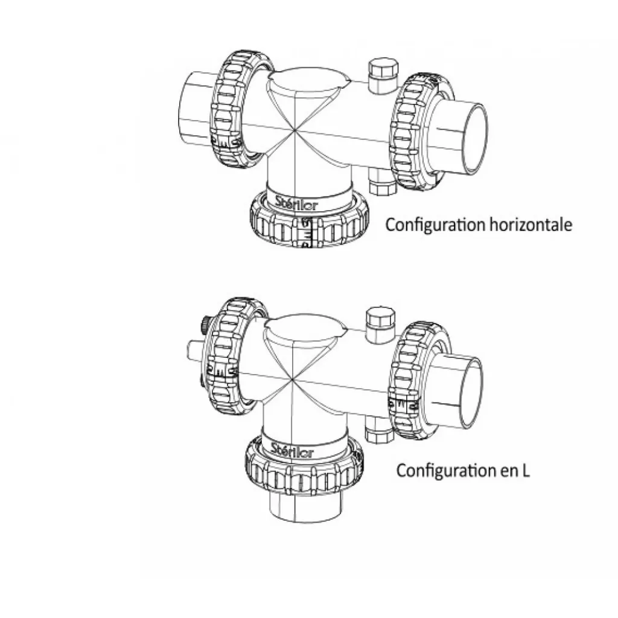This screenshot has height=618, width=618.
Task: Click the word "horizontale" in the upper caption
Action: pyautogui.click(x=530, y=225)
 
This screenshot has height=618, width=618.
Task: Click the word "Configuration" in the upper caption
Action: pyautogui.click(x=435, y=225)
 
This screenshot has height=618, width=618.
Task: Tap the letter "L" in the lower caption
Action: pyautogui.click(x=526, y=470)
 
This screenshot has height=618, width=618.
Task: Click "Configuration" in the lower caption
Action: pyautogui.click(x=446, y=471)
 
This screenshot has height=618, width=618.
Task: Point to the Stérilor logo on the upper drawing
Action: pyautogui.click(x=296, y=202)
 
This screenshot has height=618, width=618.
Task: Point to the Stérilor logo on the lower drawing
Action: pyautogui.click(x=292, y=450)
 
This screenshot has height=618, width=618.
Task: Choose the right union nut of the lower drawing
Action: pyautogui.click(x=418, y=380)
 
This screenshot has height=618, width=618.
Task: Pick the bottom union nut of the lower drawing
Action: pyautogui.click(x=304, y=467)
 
